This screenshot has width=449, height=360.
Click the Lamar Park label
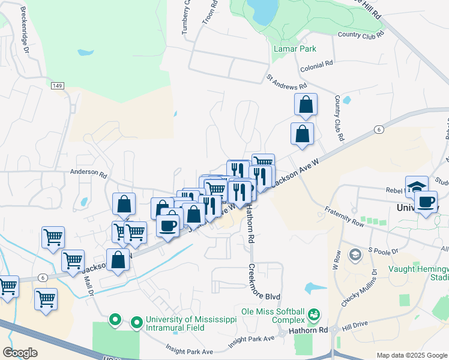(294, 49)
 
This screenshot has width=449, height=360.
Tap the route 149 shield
(57, 86)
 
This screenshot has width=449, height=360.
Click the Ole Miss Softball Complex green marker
(313, 314)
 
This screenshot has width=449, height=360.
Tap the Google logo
(20, 353)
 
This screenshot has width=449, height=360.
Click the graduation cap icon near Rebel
(417, 185)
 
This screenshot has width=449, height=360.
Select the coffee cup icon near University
(426, 202)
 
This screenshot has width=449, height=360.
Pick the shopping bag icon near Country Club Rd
(306, 104)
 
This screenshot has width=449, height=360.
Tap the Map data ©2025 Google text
(411, 355)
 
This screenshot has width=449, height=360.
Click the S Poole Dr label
(380, 249)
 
